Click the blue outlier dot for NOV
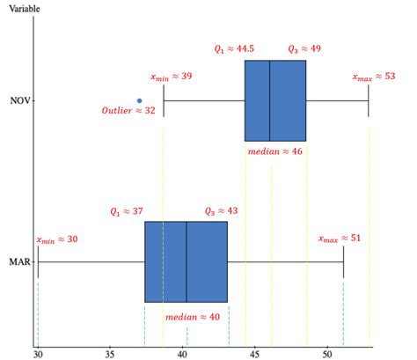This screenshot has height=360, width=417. [x=139, y=100]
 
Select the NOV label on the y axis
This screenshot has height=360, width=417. [x=19, y=100]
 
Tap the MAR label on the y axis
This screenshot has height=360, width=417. [x=19, y=261]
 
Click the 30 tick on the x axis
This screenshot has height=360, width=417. [x=37, y=353]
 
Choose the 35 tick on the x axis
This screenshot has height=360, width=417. [x=110, y=353]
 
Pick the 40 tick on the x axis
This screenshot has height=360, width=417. [x=182, y=353]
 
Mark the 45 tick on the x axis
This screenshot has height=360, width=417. [x=254, y=353]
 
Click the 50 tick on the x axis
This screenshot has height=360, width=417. [x=327, y=353]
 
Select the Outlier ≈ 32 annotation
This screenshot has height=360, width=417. [x=128, y=111]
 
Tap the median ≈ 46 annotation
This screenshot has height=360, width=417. [x=275, y=151]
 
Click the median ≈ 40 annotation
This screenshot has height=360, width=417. [x=193, y=316]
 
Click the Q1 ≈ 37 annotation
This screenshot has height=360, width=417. [x=126, y=211]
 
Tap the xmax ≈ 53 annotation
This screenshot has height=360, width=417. [x=374, y=77]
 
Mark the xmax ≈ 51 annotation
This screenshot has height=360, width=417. [x=340, y=239]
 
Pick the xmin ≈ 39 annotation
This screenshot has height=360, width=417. [x=172, y=77]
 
